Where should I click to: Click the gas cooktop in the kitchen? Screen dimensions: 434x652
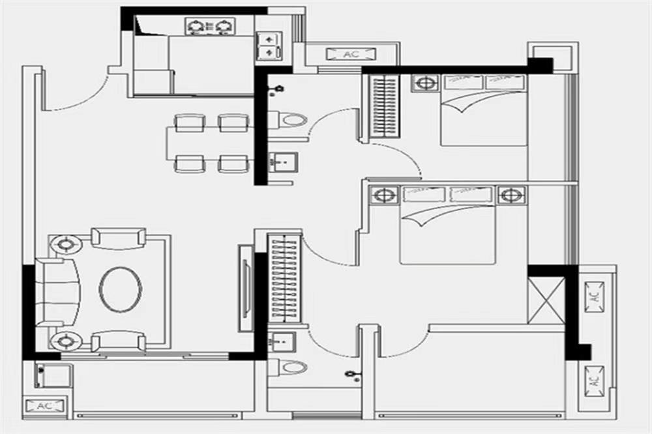click(x=210, y=26)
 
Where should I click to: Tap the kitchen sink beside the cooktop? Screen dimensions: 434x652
click(x=267, y=46)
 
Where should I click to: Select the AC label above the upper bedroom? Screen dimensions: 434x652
click(x=351, y=54)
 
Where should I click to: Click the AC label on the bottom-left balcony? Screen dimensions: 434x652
click(x=44, y=406)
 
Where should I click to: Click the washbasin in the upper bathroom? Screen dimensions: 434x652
click(x=282, y=161)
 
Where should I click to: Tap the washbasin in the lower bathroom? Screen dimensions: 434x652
click(x=281, y=341)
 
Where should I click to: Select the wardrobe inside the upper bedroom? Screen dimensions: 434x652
click(x=383, y=106)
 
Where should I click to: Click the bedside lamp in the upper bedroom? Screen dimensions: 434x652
click(x=425, y=83)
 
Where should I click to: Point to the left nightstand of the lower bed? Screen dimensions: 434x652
click(x=385, y=194)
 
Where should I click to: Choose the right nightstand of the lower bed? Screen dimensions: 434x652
click(x=511, y=194)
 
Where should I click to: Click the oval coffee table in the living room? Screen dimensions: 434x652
click(x=121, y=289)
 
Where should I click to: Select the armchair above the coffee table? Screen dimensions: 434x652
click(x=118, y=238)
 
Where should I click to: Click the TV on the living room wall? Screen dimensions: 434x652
click(x=246, y=289)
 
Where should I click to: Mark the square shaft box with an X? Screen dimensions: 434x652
click(x=546, y=300)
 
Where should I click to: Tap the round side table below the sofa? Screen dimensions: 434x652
click(x=67, y=341)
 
